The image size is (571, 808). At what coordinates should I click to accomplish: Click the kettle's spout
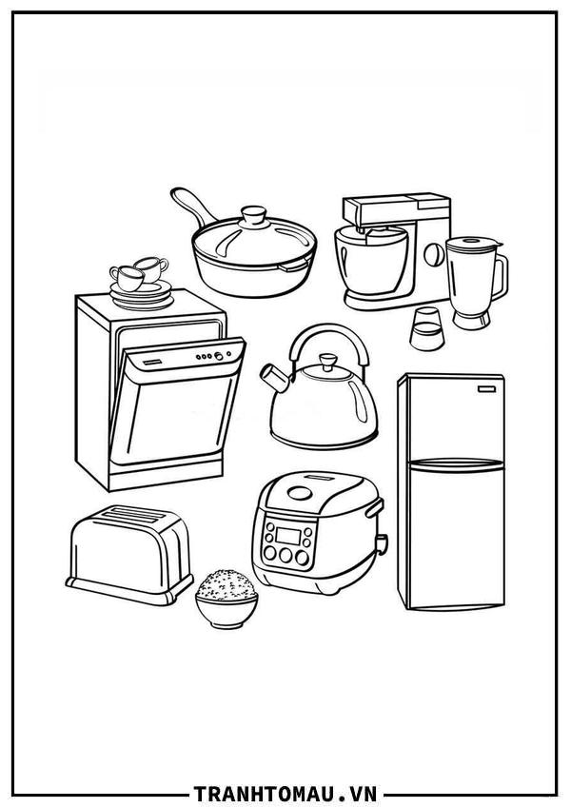275,378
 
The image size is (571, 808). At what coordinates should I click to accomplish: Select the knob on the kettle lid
327,362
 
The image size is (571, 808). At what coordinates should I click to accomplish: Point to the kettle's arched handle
330,330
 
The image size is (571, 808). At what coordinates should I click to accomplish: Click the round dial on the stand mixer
434,253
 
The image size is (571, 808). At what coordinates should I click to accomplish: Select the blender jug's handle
499,277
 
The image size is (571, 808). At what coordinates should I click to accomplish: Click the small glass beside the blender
426,329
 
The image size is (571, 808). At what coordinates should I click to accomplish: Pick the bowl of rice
226,598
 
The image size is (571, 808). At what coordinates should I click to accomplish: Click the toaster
129,554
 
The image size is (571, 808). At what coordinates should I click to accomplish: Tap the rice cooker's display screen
288,536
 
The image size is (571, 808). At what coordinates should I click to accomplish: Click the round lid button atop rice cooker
300,493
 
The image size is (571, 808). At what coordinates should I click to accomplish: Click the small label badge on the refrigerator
486,389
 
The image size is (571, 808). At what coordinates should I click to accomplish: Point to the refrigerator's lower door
456,536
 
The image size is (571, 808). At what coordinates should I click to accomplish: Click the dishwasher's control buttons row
211,356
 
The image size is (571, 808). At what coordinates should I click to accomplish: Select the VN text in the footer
364,793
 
